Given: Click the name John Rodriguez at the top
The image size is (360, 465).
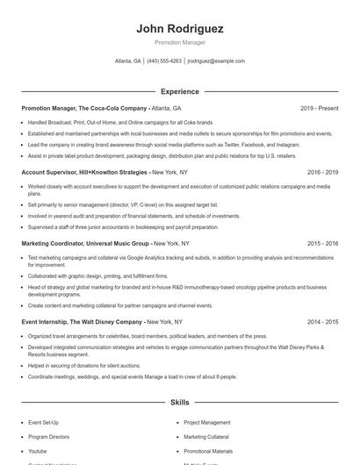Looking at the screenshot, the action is (x=179, y=29).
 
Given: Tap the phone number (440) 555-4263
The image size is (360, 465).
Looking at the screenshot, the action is (x=164, y=61).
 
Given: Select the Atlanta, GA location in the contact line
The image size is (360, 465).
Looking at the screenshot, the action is (x=128, y=61).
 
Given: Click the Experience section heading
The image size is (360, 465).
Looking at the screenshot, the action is (x=179, y=91).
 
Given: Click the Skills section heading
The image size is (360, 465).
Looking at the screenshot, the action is (x=179, y=402).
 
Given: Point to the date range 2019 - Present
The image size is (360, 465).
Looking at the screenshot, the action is (x=319, y=109).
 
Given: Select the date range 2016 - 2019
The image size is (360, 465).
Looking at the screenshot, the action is (x=322, y=173).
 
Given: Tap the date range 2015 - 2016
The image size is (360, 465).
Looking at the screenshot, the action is (x=322, y=243).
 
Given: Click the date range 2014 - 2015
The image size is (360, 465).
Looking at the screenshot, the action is (x=322, y=322).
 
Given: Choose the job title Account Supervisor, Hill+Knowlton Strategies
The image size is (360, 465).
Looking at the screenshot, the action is (x=84, y=173).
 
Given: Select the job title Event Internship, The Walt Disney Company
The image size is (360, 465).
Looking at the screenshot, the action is (x=81, y=322).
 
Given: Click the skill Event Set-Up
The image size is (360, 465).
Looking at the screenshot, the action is (x=43, y=422).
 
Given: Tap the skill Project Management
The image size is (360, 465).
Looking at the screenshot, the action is (x=207, y=422).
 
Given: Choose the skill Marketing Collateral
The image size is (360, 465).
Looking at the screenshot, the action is (x=206, y=436).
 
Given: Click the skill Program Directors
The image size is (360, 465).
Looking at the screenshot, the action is (x=48, y=436).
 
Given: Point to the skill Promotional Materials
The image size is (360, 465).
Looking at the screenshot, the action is (x=208, y=451).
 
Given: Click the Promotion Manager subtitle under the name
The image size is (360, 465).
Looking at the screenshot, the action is (x=179, y=42).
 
